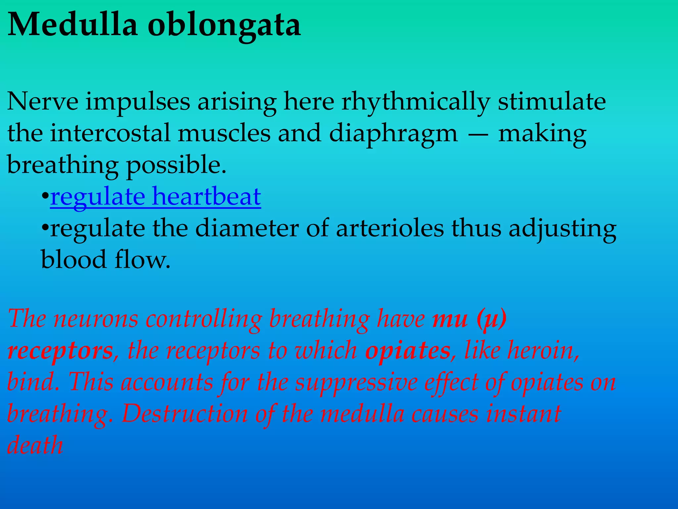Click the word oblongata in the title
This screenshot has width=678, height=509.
(224, 26)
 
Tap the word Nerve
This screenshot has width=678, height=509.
(43, 101)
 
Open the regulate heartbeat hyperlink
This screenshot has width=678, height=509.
(155, 197)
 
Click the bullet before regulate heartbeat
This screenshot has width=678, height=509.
(45, 197)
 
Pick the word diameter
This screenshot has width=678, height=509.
(247, 228)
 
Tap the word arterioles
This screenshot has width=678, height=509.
(390, 228)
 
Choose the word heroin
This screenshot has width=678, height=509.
(543, 350)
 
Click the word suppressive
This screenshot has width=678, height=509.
(356, 382)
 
